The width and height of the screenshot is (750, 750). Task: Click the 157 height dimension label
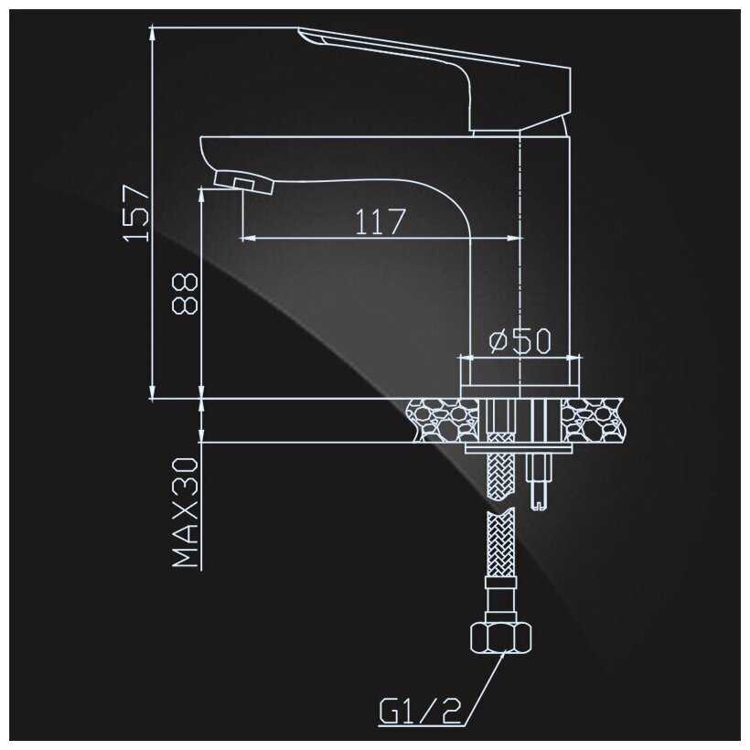pos(136,213)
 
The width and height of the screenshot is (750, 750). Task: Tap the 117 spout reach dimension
pos(380,221)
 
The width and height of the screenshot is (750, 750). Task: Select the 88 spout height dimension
pos(185,294)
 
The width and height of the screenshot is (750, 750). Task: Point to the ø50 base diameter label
pos(520,340)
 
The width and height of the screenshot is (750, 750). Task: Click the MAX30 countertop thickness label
pos(185,512)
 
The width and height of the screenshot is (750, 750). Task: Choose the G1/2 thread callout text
pos(421,712)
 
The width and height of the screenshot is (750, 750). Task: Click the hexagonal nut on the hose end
pos(501,637)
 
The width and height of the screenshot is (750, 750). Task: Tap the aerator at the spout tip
pos(244,182)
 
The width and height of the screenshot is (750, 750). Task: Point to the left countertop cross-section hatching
pos(442,420)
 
